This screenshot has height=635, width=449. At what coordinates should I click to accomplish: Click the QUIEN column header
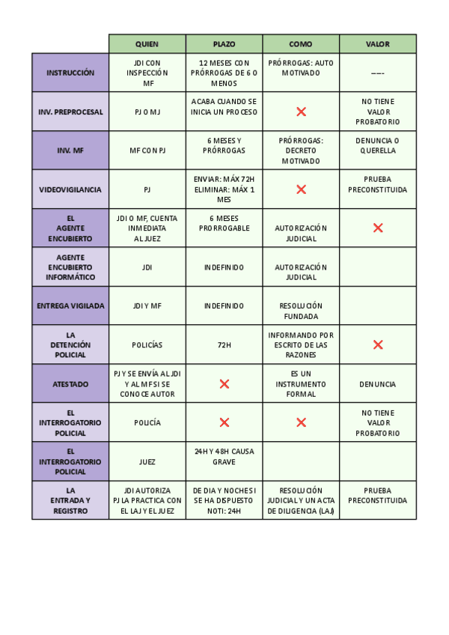click(147, 44)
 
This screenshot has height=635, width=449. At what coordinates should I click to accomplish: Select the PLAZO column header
click(224, 44)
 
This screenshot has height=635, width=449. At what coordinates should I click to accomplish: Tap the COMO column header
click(301, 44)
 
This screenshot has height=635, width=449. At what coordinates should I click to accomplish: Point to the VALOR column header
click(377, 44)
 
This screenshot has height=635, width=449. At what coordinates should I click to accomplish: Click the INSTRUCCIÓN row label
click(70, 73)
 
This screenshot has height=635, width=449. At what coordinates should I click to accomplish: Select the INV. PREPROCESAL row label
click(70, 112)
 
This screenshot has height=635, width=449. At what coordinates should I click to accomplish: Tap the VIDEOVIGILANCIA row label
click(70, 189)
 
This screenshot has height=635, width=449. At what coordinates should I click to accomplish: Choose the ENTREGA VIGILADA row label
click(70, 306)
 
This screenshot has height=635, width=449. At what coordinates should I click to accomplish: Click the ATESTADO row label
click(70, 383)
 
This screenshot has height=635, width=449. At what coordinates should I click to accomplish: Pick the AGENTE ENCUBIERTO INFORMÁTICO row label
click(70, 267)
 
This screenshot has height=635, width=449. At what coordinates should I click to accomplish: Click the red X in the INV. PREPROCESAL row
click(301, 112)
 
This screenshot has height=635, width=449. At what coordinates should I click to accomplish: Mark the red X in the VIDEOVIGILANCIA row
click(301, 189)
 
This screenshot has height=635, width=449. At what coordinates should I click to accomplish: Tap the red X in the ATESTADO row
click(224, 383)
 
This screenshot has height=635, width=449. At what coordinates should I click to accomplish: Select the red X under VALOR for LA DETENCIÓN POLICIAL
click(377, 344)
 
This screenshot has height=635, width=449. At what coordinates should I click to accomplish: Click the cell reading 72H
click(224, 344)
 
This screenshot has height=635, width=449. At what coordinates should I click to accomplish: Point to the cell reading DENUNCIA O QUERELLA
click(377, 145)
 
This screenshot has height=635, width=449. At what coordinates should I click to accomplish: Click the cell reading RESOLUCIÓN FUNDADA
click(301, 311)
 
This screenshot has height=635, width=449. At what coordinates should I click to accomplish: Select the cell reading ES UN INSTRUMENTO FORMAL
click(301, 383)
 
